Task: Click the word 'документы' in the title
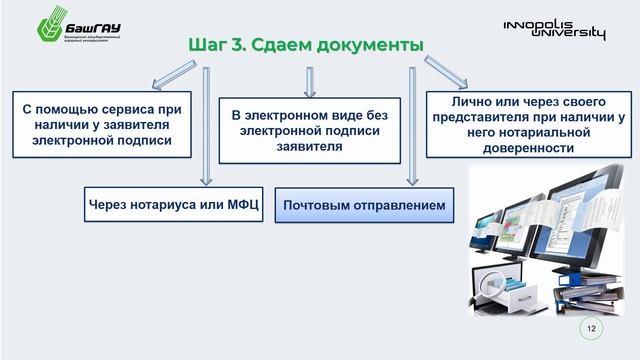click(366, 45)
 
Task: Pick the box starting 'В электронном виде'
click(309, 130)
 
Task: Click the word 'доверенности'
click(526, 147)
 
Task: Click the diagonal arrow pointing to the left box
click(173, 74)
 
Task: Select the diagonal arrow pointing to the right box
click(445, 72)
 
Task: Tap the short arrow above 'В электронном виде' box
click(310, 81)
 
